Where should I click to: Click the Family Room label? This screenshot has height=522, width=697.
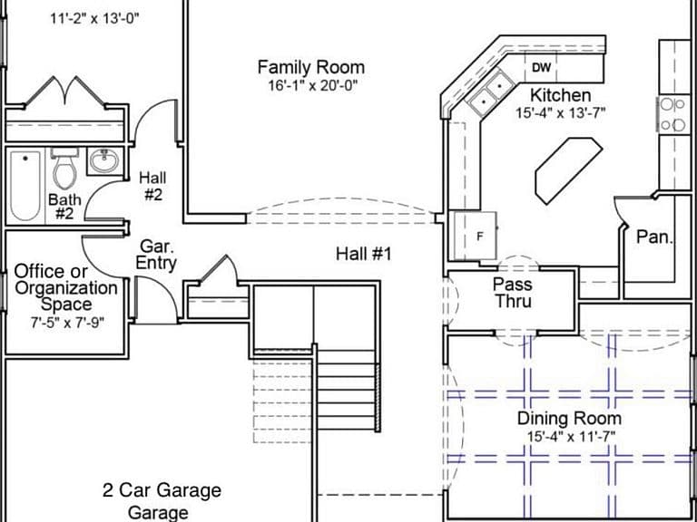[311, 68]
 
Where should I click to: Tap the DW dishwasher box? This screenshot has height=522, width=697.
[541, 67]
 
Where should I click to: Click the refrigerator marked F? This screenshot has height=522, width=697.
[476, 236]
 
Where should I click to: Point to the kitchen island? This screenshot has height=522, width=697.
[569, 171]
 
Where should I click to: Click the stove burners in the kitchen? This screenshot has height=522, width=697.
[672, 114]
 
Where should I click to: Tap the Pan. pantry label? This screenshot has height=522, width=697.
[655, 237]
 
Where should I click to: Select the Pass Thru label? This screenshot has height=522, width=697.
[514, 293]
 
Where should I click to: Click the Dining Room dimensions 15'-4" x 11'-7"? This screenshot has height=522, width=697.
[571, 436]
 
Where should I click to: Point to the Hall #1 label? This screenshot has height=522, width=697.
[364, 255]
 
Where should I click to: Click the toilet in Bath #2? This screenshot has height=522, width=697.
[65, 167]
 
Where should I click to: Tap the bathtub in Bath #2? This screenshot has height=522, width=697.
[25, 185]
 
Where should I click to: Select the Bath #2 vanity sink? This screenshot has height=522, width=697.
[104, 160]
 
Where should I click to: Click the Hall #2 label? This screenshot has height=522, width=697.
[152, 187]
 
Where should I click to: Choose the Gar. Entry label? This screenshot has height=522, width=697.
[156, 255]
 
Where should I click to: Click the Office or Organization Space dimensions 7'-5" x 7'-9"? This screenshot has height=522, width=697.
[66, 323]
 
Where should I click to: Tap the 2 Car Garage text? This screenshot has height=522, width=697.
[162, 491]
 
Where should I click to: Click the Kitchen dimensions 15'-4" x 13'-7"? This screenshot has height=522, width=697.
[561, 112]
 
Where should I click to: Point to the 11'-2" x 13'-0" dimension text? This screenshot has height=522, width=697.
[95, 19]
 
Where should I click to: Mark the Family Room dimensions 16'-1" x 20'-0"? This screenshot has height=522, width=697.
[312, 85]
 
